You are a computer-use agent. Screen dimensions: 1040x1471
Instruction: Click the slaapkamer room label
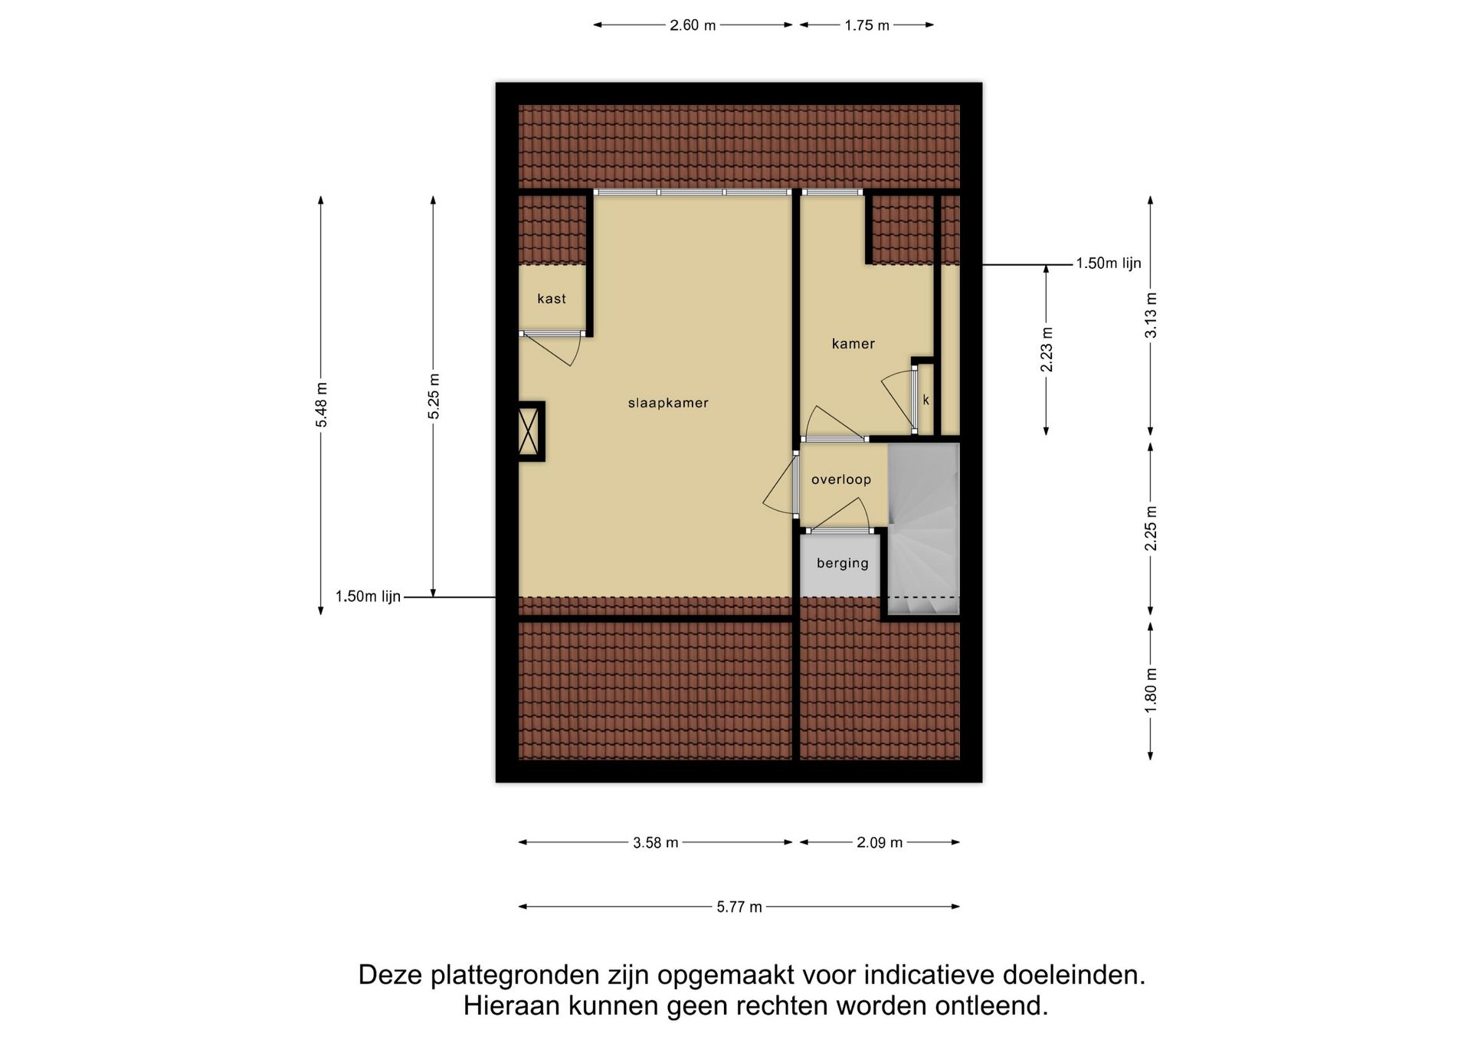point(668,403)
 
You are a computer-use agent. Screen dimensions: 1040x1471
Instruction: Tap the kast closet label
point(552,299)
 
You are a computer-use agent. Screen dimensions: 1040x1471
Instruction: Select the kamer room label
point(853,344)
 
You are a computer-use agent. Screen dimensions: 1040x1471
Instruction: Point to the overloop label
point(841,479)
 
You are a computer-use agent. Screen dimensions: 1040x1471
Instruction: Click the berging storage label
point(843,563)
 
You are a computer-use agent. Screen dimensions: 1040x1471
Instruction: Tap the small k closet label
point(926,400)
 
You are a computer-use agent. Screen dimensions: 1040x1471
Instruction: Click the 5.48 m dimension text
point(321,404)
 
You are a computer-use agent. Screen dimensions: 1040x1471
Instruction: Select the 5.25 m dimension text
point(434,396)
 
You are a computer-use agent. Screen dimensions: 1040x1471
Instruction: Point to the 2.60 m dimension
point(693,25)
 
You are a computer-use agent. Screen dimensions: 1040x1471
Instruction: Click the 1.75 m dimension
point(867,25)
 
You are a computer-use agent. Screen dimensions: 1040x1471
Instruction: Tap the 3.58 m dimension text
point(656,842)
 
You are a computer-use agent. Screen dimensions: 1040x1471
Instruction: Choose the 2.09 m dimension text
point(880,842)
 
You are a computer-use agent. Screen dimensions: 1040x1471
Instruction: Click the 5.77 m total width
point(739,907)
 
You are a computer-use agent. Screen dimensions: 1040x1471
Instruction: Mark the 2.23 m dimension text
point(1047,350)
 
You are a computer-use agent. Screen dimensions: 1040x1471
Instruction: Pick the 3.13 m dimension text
point(1151,315)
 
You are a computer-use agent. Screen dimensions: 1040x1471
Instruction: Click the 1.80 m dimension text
point(1151,690)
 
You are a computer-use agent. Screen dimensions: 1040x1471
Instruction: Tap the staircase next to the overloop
point(924,528)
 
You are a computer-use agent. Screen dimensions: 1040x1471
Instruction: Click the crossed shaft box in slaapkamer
point(529,431)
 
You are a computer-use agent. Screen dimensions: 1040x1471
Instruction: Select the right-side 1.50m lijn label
point(1109,263)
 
